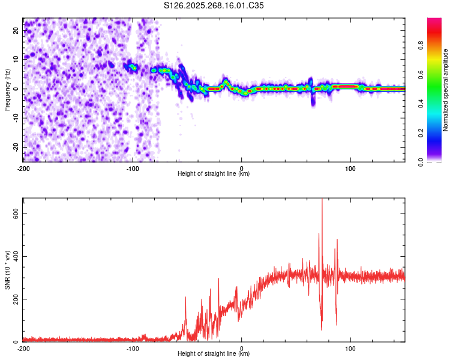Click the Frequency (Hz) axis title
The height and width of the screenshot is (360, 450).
point(7,89)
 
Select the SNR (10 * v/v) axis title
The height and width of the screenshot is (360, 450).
point(7,270)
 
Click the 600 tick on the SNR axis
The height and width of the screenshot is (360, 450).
point(14,214)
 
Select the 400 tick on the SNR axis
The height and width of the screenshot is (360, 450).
point(14,256)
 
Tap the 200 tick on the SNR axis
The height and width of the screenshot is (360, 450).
point(14,299)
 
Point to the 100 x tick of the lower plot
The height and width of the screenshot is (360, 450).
point(350,349)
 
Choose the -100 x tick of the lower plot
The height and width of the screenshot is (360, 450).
point(133,349)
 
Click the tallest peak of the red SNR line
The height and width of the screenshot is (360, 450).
point(322,200)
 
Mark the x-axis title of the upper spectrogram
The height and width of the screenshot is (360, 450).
point(214,174)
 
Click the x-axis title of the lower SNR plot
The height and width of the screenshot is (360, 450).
point(214,354)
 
